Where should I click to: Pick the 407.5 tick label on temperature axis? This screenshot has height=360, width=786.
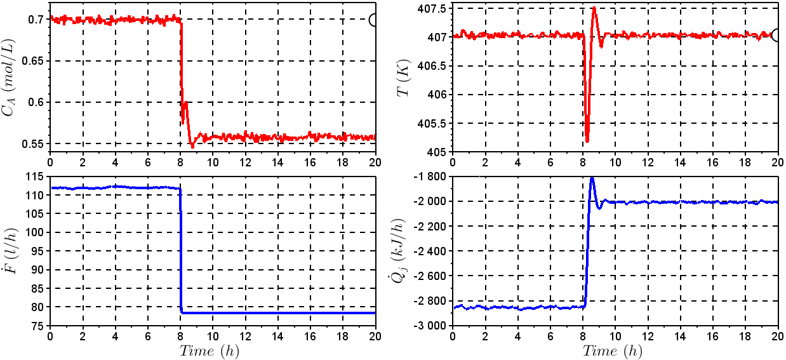click(431, 8)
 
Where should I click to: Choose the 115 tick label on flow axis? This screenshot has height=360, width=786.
click(37, 177)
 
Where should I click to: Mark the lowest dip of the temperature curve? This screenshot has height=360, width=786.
click(587, 141)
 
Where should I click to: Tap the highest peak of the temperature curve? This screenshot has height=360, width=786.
click(594, 8)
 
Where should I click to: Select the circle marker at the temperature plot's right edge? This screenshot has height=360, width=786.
click(776, 35)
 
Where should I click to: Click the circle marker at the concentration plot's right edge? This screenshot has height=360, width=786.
click(374, 20)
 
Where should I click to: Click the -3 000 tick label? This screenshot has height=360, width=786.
click(428, 326)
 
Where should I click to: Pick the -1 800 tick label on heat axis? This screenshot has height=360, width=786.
click(428, 177)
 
